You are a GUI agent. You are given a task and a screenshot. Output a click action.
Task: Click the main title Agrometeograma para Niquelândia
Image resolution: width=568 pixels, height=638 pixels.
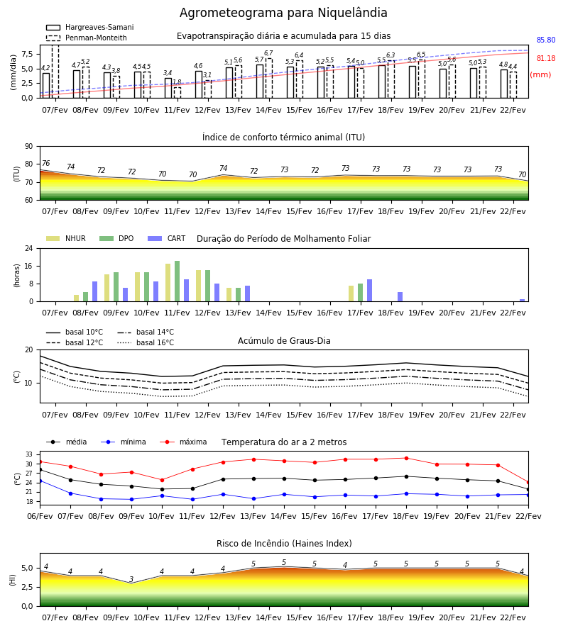point(283,13)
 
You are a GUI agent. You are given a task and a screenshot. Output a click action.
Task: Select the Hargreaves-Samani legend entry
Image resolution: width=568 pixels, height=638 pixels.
point(89,27)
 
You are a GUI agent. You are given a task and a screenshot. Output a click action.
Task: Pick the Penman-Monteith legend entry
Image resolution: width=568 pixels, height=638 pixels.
point(87,38)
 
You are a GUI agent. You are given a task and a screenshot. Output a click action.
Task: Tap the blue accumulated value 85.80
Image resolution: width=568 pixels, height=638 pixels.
point(545,40)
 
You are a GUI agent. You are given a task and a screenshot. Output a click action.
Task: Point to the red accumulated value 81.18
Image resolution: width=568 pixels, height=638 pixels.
point(545,59)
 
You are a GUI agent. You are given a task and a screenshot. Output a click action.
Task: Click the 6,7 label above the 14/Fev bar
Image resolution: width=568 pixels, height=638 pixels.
point(268,53)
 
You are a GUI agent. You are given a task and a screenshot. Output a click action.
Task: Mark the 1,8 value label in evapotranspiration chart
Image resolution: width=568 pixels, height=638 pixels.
point(177,82)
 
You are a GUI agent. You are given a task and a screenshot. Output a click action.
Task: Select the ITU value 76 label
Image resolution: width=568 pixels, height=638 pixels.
point(45,163)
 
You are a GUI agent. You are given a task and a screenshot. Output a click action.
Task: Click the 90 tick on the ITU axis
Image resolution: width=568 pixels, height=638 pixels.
point(29,147)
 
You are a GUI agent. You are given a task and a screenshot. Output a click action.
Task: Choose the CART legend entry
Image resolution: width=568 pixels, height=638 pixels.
point(166,238)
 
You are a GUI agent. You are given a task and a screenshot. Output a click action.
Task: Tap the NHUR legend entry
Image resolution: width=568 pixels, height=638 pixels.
point(65,238)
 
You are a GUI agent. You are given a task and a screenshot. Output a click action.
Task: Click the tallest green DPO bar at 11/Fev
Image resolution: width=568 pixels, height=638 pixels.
point(177,281)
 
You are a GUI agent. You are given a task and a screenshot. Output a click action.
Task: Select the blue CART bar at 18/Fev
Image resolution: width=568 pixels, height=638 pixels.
point(400,296)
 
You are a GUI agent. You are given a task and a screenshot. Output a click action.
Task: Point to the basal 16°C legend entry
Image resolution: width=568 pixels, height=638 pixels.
point(146,342)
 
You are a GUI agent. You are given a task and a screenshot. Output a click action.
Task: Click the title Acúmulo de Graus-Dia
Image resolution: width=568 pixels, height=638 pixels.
point(284,340)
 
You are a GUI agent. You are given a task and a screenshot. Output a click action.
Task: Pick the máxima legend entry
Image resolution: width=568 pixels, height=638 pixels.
point(183,442)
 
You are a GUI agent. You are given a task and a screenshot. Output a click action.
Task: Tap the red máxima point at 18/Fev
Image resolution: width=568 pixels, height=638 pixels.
point(406,458)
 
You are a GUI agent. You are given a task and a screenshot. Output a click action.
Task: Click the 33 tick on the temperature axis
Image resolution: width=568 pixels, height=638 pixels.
point(29,454)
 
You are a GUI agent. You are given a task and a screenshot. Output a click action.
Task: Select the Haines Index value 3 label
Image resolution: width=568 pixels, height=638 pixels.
point(131,579)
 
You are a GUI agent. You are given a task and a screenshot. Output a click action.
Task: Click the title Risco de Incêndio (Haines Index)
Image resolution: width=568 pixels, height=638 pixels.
point(284,543)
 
